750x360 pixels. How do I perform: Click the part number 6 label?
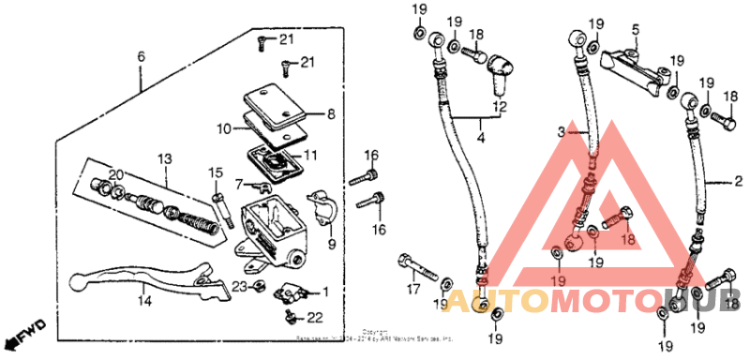142,57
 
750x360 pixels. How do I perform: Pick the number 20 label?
115,174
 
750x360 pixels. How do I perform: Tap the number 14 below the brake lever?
143,301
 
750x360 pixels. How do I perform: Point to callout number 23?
239,286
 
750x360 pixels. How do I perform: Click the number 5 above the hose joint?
635,30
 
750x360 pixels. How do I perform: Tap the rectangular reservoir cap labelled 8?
269,105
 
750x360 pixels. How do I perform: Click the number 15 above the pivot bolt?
215,172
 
